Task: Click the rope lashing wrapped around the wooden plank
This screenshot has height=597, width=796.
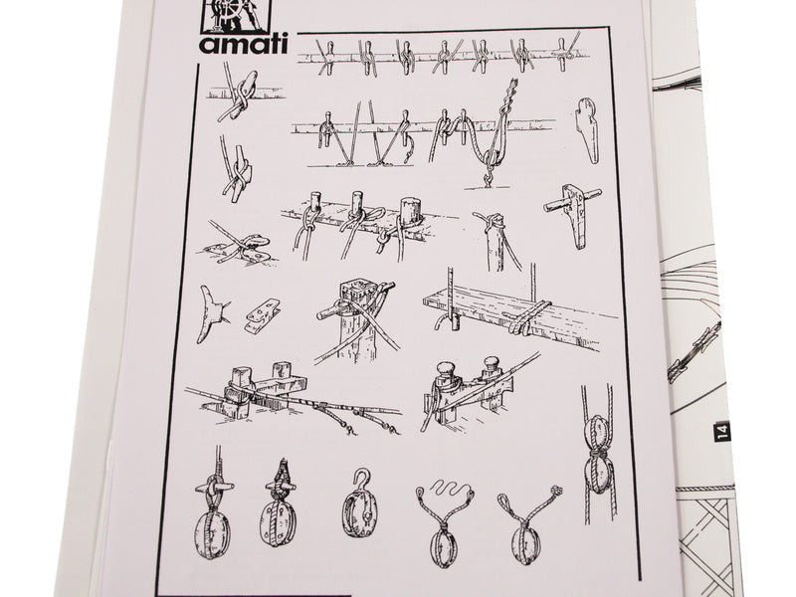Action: (525, 318)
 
